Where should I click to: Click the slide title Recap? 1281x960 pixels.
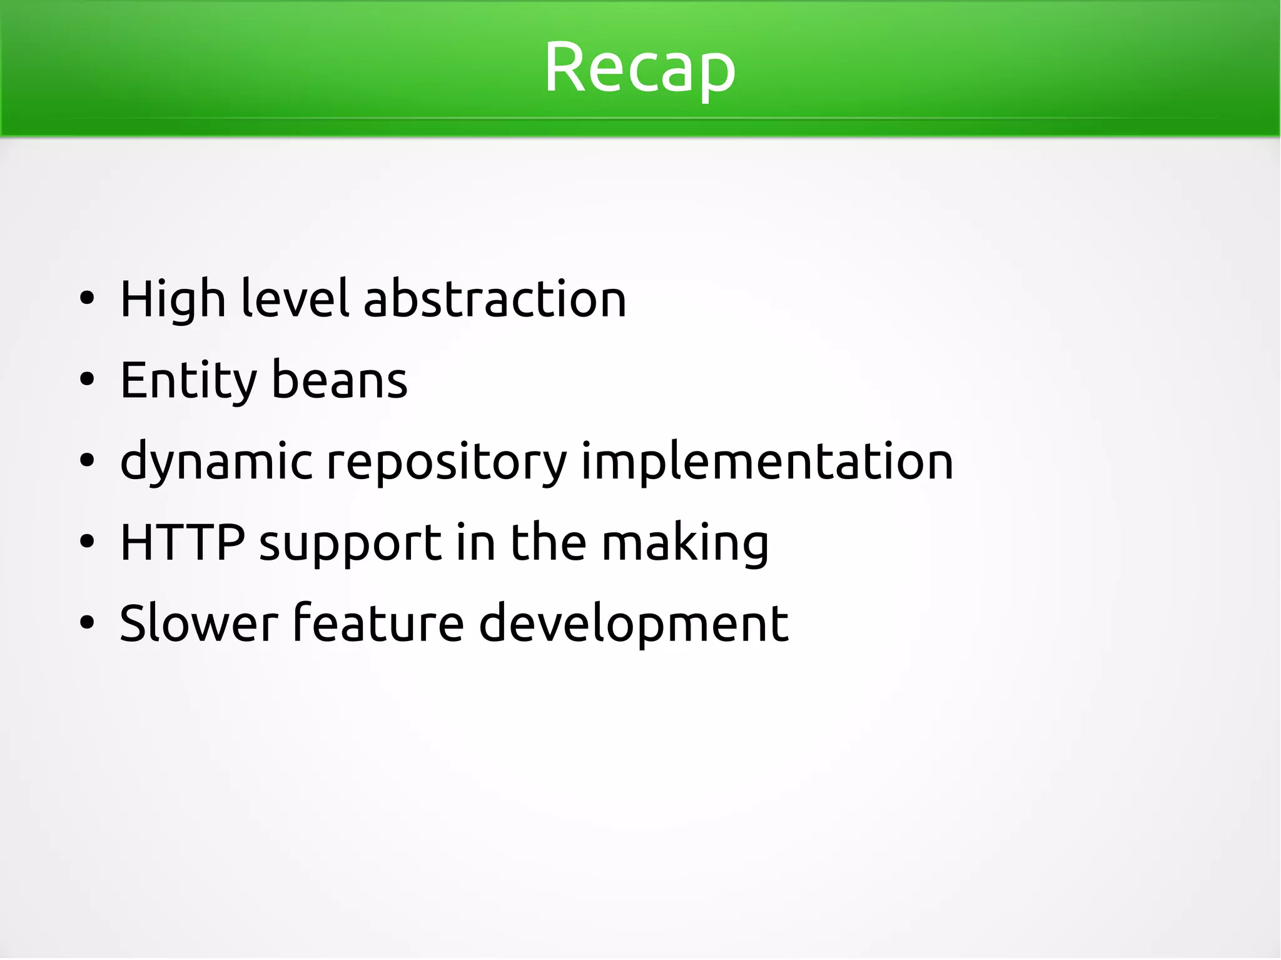(x=640, y=68)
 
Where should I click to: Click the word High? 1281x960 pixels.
(x=173, y=300)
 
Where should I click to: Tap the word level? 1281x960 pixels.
(x=295, y=299)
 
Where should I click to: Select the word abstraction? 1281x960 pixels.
(x=495, y=299)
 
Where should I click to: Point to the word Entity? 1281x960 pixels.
(x=188, y=381)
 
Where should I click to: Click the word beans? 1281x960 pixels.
(x=340, y=380)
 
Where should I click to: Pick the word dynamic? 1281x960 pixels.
(x=216, y=463)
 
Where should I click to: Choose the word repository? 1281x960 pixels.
(x=447, y=463)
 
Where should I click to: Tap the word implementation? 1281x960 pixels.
(x=767, y=462)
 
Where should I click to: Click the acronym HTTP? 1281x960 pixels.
(x=182, y=542)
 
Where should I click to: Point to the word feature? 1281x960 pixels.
(x=378, y=624)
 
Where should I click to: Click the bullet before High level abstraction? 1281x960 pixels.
(x=87, y=299)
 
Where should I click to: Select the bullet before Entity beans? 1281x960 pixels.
(x=87, y=380)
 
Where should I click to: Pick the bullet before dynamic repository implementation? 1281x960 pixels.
(x=87, y=461)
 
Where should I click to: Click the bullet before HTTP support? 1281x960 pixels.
(x=87, y=542)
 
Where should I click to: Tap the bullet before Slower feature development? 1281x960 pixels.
(x=87, y=623)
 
